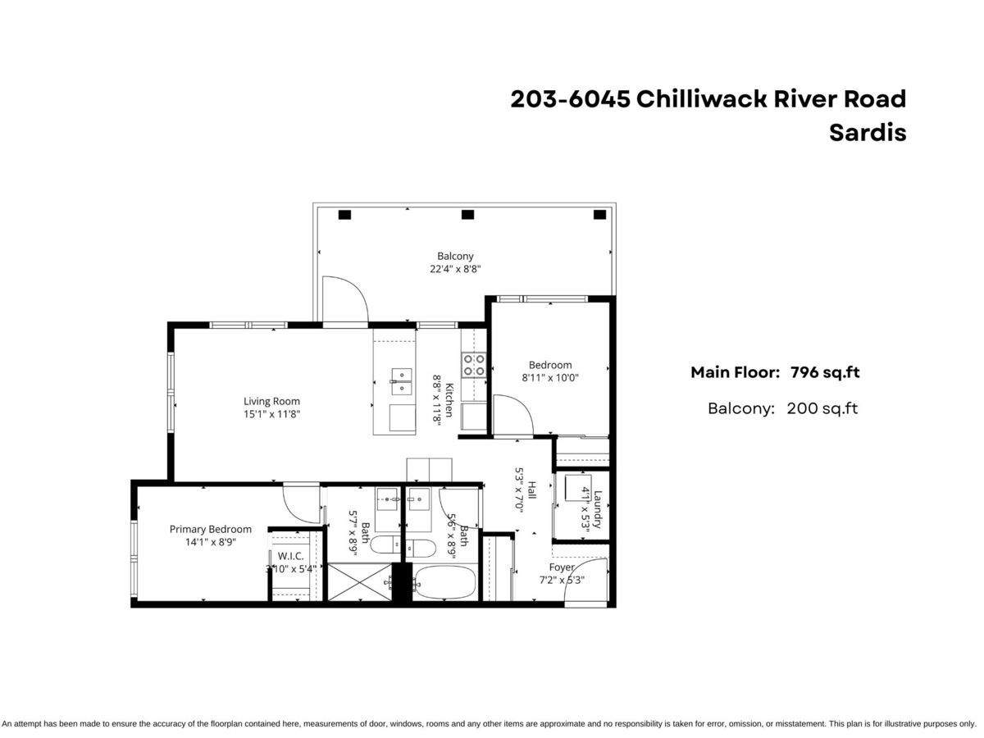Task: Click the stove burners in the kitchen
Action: (x=473, y=365)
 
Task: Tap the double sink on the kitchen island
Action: (x=401, y=376)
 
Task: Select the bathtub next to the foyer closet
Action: (x=444, y=583)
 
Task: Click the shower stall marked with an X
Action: (x=359, y=582)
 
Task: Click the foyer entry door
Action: (x=588, y=582)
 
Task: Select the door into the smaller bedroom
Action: (x=512, y=415)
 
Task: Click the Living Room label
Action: (x=271, y=402)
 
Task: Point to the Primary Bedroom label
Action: (x=211, y=529)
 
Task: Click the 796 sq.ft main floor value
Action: (x=824, y=372)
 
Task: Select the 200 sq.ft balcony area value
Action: (x=822, y=408)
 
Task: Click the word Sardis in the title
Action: (x=868, y=133)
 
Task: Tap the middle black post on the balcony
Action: (x=467, y=215)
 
